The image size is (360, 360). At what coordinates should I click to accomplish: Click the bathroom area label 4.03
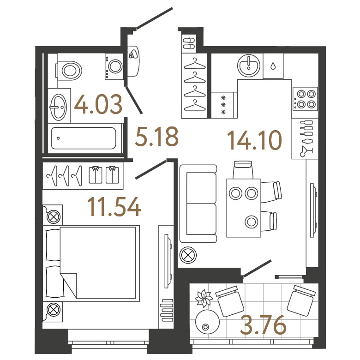tap(98, 104)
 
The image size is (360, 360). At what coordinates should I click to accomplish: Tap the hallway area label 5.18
tap(157, 137)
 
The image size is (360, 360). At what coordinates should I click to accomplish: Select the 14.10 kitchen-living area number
tap(254, 140)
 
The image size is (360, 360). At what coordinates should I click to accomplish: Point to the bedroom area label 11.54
tap(114, 207)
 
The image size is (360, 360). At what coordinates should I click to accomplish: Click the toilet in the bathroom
tap(69, 71)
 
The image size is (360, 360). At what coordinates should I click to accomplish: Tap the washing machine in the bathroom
tap(114, 66)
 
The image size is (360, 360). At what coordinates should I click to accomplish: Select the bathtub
tap(84, 138)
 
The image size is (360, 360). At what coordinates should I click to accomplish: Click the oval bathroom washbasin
tap(58, 107)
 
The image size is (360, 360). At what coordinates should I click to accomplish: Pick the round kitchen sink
tap(249, 66)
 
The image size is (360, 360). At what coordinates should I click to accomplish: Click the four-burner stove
tap(305, 99)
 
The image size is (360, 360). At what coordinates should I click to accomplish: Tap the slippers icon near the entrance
tap(189, 43)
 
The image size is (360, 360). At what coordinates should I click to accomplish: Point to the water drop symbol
tap(273, 66)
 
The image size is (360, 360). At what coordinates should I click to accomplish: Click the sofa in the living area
tap(198, 204)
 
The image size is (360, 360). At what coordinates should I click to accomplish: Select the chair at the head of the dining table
tap(243, 170)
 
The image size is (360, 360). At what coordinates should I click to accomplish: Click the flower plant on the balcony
tap(203, 299)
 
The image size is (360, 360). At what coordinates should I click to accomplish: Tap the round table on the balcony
tap(207, 322)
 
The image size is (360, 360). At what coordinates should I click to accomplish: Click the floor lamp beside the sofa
tap(188, 255)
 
